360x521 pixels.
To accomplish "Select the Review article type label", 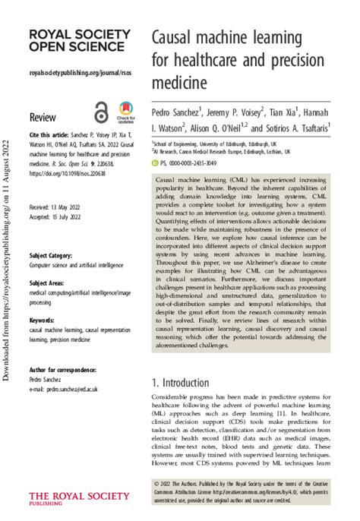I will point(43,117).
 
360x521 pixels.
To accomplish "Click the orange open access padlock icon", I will point(101,112).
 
